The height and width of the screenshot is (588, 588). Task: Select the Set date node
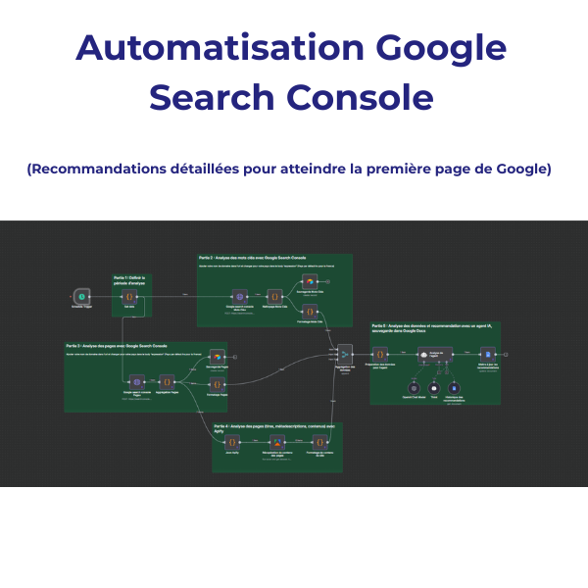pyautogui.click(x=128, y=294)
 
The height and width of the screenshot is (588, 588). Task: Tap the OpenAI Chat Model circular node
pyautogui.click(x=412, y=389)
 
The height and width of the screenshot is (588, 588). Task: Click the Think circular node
pyautogui.click(x=434, y=389)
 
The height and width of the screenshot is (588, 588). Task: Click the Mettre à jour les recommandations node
pyautogui.click(x=487, y=357)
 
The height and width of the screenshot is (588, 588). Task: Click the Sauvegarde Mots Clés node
pyautogui.click(x=307, y=281)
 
